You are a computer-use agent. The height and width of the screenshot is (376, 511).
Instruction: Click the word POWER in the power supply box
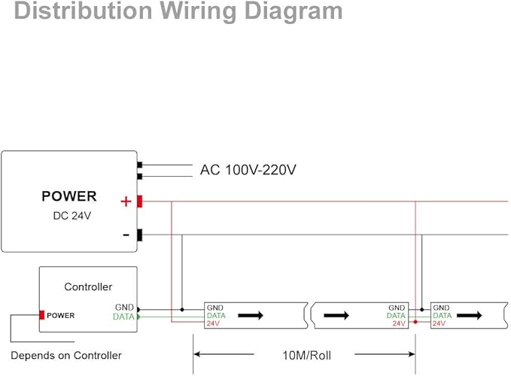(x=69, y=196)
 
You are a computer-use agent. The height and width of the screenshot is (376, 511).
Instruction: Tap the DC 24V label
(x=72, y=216)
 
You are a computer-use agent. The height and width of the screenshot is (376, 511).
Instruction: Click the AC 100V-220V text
(x=248, y=170)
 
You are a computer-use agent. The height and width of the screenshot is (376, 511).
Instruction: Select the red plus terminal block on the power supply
(x=139, y=202)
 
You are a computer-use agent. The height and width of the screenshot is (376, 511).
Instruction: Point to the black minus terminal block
(x=139, y=235)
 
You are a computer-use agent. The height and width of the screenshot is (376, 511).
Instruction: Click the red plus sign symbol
(x=126, y=202)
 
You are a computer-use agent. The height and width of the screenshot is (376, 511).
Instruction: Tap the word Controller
(x=88, y=287)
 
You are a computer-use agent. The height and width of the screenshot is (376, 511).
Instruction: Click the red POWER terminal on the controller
(x=41, y=315)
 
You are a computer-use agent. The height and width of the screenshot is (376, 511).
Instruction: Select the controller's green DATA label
(x=123, y=317)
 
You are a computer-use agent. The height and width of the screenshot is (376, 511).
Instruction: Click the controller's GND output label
(x=124, y=308)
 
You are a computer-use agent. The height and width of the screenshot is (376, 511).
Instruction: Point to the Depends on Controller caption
(x=66, y=356)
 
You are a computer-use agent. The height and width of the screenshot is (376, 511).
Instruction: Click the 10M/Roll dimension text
(x=306, y=356)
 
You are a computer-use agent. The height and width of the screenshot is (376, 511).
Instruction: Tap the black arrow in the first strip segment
(x=251, y=315)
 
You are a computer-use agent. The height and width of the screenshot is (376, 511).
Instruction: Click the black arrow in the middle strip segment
(x=336, y=315)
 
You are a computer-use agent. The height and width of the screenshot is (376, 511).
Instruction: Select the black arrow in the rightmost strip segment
(x=470, y=315)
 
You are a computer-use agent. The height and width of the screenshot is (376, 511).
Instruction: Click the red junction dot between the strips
(x=415, y=323)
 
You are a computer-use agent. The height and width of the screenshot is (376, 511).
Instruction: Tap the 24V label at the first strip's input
(x=213, y=323)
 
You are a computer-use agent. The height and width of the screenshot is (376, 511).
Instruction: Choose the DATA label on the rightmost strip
(x=443, y=315)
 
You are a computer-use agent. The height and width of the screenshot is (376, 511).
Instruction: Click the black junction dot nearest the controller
(x=182, y=310)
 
